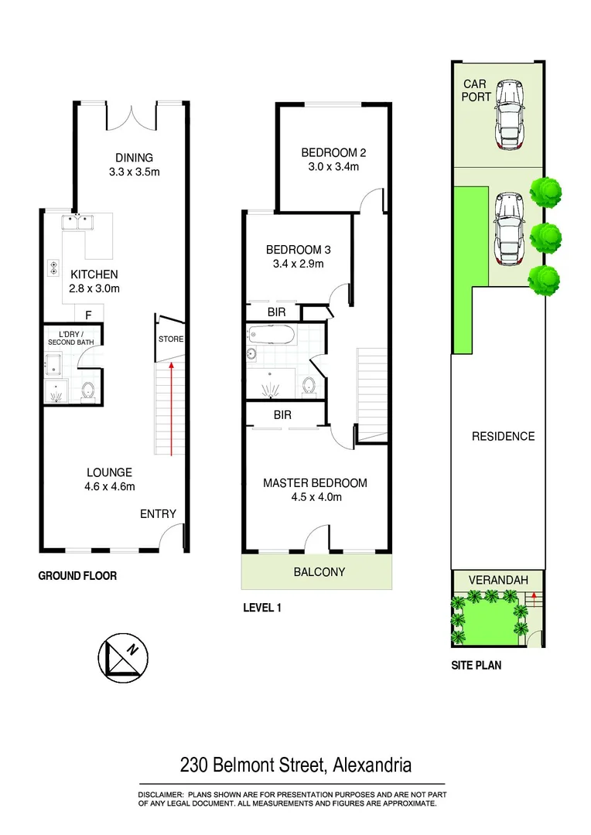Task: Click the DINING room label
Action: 135,158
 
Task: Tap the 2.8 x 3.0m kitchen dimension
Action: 94,288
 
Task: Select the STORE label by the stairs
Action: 170,339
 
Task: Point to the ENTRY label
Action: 158,514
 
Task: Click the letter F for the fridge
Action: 89,315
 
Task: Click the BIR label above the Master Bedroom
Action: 282,415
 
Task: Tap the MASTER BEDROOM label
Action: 315,483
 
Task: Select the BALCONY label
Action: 319,572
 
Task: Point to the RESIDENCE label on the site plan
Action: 503,436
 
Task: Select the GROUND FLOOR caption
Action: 77,577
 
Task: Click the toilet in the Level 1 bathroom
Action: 310,384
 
